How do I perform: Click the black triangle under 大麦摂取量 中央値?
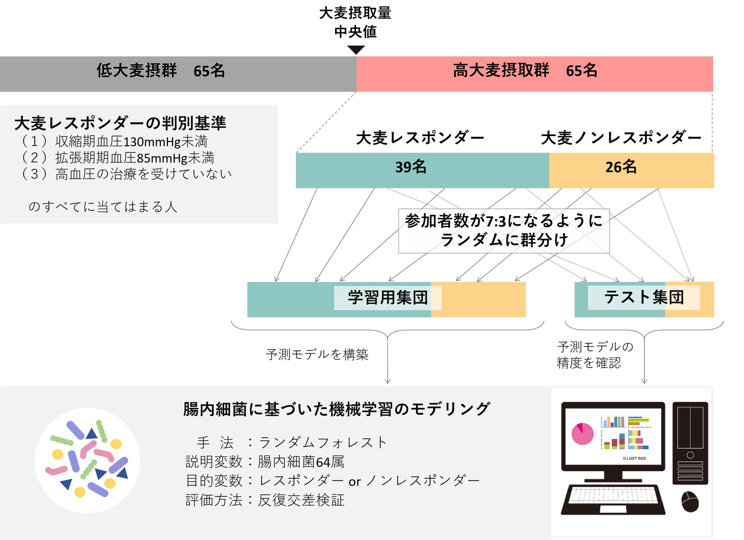pyautogui.click(x=356, y=50)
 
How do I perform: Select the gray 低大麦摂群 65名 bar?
pyautogui.click(x=178, y=74)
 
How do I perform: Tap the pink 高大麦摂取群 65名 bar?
pyautogui.click(x=535, y=74)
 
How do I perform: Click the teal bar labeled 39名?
pyautogui.click(x=422, y=170)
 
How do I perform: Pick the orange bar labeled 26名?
pyautogui.click(x=631, y=170)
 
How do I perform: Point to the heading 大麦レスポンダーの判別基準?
pyautogui.click(x=120, y=123)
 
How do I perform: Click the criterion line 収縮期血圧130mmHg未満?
pyautogui.click(x=131, y=142)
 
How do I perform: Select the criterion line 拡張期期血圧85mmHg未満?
pyautogui.click(x=135, y=158)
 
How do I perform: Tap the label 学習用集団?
pyautogui.click(x=387, y=298)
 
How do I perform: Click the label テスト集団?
pyautogui.click(x=644, y=297)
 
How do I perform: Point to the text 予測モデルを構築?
pyautogui.click(x=317, y=354)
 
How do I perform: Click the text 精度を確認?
pyautogui.click(x=589, y=363)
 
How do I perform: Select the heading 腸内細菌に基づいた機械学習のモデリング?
pyautogui.click(x=337, y=409)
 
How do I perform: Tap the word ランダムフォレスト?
pyautogui.click(x=323, y=442)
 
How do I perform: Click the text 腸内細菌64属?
pyautogui.click(x=301, y=462)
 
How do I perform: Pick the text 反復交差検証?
pyautogui.click(x=301, y=500)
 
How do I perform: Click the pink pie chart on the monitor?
pyautogui.click(x=582, y=434)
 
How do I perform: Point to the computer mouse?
pyautogui.click(x=690, y=502)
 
